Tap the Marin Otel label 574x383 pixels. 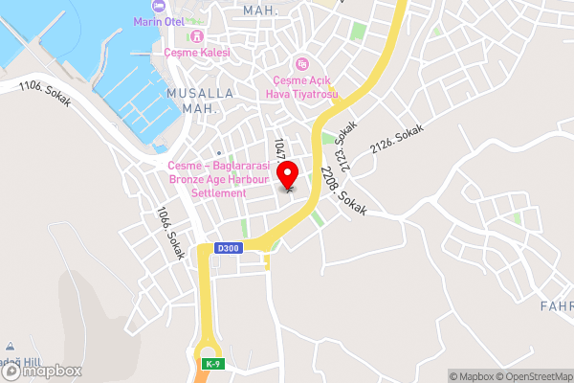click(x=158, y=22)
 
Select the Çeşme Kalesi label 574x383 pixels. click(x=197, y=53)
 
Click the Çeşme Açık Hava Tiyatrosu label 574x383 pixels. click(x=302, y=85)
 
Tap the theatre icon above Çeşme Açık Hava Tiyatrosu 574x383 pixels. click(x=302, y=64)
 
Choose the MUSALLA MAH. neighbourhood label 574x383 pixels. click(x=199, y=101)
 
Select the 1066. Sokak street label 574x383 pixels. click(x=169, y=234)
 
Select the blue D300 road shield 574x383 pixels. click(x=228, y=248)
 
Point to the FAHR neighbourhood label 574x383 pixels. click(x=556, y=306)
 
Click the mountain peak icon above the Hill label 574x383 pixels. click(x=9, y=347)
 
